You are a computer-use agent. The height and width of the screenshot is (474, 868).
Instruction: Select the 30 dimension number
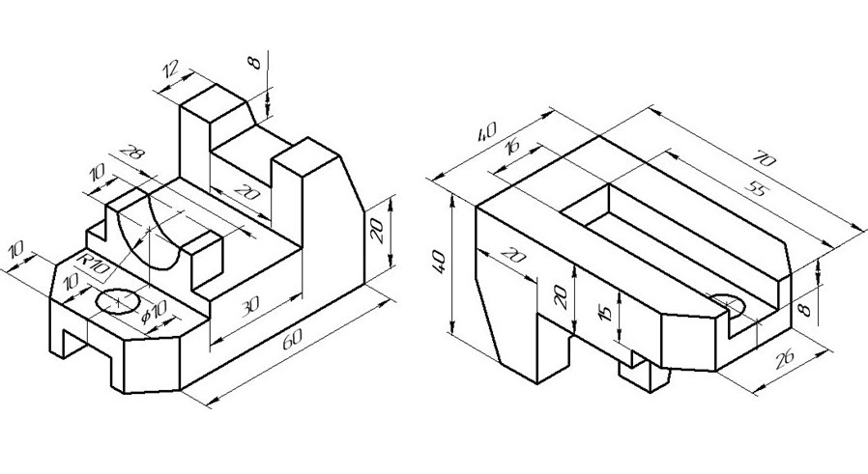pyautogui.click(x=250, y=305)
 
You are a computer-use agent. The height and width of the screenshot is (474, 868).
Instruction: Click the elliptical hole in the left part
pyautogui.click(x=118, y=300)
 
